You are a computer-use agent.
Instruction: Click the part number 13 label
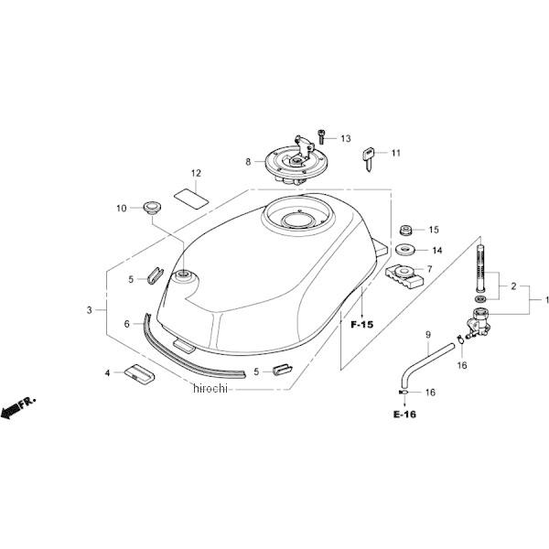[346, 139]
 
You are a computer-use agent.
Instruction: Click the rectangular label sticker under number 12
[188, 195]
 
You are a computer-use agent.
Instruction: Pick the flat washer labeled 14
[406, 250]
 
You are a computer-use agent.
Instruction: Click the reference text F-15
[362, 324]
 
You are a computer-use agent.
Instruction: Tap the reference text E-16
[404, 414]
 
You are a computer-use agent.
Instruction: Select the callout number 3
[90, 310]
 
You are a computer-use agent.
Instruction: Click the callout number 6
[127, 323]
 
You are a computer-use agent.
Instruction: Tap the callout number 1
[547, 300]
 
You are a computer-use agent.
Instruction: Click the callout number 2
[513, 285]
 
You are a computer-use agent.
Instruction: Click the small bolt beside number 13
[321, 137]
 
